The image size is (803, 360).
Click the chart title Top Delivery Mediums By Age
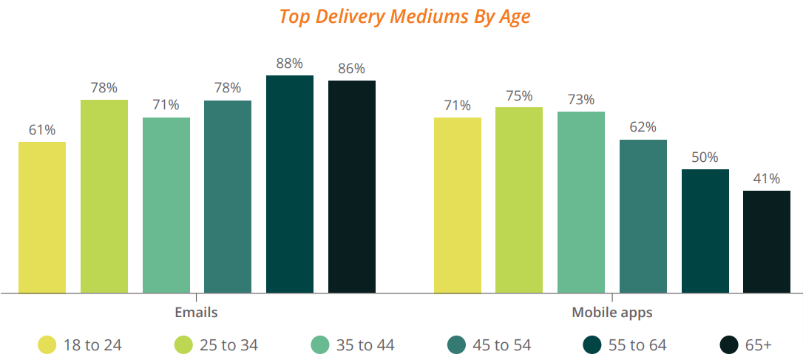click(404, 16)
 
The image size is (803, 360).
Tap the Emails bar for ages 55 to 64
click(290, 184)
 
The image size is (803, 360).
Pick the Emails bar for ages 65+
click(352, 186)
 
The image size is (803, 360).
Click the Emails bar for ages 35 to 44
click(166, 205)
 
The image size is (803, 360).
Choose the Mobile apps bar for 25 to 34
click(519, 200)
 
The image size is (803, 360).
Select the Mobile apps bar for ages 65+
click(767, 241)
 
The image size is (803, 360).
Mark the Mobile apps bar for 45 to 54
click(643, 216)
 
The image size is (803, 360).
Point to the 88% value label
click(290, 64)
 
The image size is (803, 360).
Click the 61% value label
click(42, 130)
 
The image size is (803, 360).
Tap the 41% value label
click(767, 179)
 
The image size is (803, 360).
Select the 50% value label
click(705, 157)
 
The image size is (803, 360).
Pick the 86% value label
click(352, 69)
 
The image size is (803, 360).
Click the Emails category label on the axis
click(196, 313)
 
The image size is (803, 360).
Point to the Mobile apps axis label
click(612, 313)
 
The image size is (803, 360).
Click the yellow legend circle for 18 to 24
click(47, 344)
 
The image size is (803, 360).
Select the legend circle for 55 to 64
click(592, 344)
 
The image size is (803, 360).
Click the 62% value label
click(643, 127)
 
